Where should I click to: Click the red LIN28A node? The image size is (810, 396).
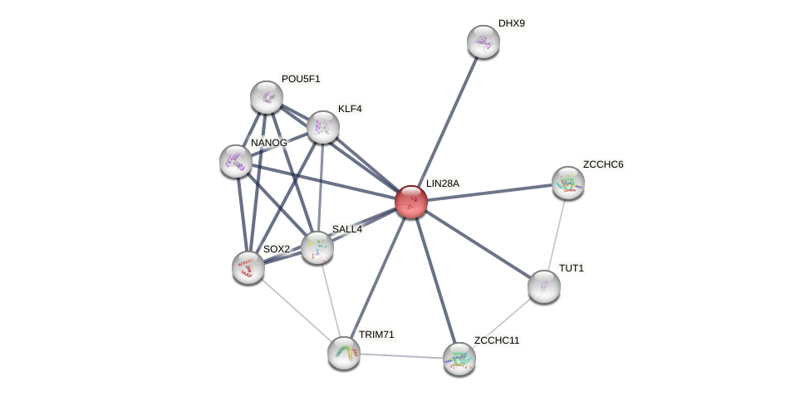pyautogui.click(x=410, y=202)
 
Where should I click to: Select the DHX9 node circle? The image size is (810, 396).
pyautogui.click(x=483, y=42)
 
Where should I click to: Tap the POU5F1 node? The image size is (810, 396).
pyautogui.click(x=267, y=97)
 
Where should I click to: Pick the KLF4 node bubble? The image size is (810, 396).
pyautogui.click(x=322, y=127)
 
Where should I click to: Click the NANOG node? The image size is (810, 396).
pyautogui.click(x=236, y=160)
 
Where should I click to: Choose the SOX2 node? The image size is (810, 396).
pyautogui.click(x=248, y=266)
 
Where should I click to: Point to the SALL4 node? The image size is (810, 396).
pyautogui.click(x=317, y=247)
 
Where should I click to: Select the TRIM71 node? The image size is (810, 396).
pyautogui.click(x=343, y=352)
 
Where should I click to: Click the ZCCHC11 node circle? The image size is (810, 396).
pyautogui.click(x=459, y=358)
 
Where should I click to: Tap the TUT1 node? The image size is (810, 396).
pyautogui.click(x=543, y=286)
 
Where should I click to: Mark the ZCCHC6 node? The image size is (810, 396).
pyautogui.click(x=567, y=183)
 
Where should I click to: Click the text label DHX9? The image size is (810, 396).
pyautogui.click(x=512, y=23)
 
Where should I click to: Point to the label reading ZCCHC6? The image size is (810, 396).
pyautogui.click(x=603, y=164)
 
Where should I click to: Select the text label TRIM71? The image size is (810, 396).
pyautogui.click(x=376, y=335)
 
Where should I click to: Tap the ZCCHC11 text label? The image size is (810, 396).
pyautogui.click(x=496, y=340)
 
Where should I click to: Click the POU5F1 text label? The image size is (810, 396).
pyautogui.click(x=301, y=79)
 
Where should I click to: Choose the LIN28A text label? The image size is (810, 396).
pyautogui.click(x=443, y=183)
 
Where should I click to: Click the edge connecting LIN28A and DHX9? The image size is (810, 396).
pyautogui.click(x=447, y=121)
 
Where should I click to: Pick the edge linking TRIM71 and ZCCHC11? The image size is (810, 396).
pyautogui.click(x=400, y=355)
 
